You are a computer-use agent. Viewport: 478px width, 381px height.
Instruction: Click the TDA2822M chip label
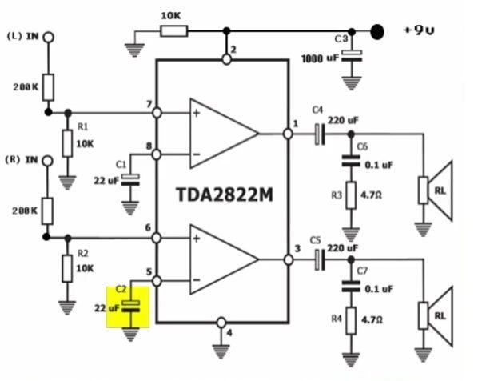tap(225, 195)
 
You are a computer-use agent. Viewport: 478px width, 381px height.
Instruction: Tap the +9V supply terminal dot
tap(377, 32)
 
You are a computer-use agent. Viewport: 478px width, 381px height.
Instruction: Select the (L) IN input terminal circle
tap(48, 38)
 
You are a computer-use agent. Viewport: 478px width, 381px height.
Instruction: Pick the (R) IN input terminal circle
tap(47, 161)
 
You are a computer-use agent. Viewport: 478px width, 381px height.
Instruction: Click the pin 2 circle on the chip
tap(226, 59)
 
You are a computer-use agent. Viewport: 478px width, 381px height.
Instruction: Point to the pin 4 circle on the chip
tap(221, 322)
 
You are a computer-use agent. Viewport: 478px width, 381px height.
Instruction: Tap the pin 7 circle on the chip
tap(157, 113)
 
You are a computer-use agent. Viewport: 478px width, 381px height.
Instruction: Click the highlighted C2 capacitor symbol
tap(131, 307)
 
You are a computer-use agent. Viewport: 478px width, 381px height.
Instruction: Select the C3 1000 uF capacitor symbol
tap(352, 56)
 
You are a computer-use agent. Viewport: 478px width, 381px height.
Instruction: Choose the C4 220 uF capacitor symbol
tap(320, 134)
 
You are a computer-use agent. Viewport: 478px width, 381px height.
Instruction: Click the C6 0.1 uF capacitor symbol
tap(351, 161)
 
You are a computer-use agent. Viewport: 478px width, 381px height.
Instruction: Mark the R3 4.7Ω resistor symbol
tap(351, 195)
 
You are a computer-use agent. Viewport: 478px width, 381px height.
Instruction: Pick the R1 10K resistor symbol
tap(67, 143)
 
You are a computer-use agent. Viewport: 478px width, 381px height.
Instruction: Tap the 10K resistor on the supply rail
tap(173, 31)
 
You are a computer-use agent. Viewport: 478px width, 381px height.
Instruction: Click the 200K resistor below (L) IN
tap(48, 87)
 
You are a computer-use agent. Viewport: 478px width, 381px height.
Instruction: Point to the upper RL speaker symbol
tap(436, 190)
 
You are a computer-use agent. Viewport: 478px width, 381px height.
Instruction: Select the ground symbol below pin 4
tap(221, 351)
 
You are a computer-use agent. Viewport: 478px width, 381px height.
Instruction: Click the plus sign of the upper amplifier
tap(197, 114)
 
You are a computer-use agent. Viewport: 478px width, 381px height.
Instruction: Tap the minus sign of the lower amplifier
tap(197, 279)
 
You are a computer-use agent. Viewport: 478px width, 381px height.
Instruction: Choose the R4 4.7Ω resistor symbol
tap(351, 320)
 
